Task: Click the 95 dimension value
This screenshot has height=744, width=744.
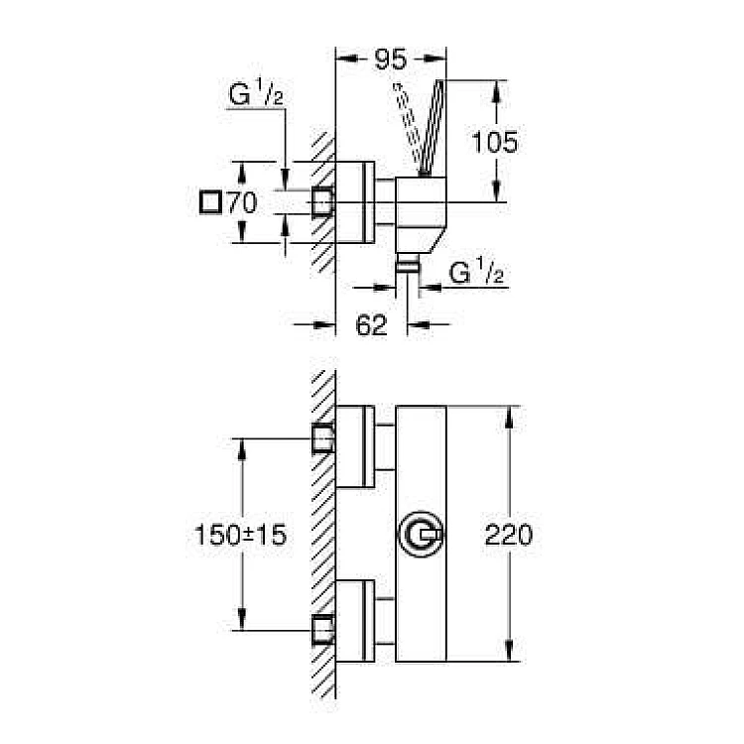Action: (x=391, y=59)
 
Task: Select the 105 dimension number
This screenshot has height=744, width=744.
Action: (x=495, y=142)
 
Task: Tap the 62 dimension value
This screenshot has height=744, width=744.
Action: (x=371, y=325)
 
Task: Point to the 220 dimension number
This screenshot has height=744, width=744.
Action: (x=509, y=535)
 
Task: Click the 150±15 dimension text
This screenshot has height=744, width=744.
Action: (x=241, y=535)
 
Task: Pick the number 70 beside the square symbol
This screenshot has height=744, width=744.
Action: (x=242, y=202)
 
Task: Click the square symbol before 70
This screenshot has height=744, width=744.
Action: (x=210, y=202)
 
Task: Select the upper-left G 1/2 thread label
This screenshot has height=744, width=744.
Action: (x=256, y=93)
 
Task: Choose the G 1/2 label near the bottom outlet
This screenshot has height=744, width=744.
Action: (x=476, y=271)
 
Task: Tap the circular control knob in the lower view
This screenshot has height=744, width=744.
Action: (x=421, y=535)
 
